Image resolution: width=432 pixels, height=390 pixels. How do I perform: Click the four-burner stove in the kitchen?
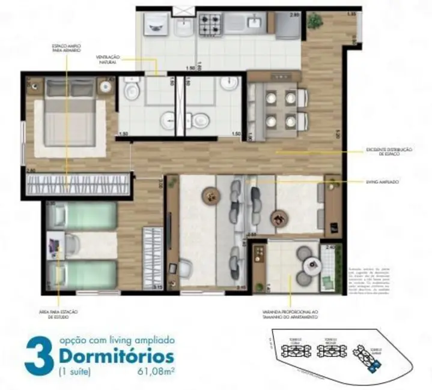tap(210, 23)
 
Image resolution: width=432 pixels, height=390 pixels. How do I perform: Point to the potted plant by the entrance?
tap(314, 22)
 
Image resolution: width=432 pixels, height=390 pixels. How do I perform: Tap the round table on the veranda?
tap(312, 265)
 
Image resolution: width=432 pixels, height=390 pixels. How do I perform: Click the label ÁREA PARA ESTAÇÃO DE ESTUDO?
tap(58, 315)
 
